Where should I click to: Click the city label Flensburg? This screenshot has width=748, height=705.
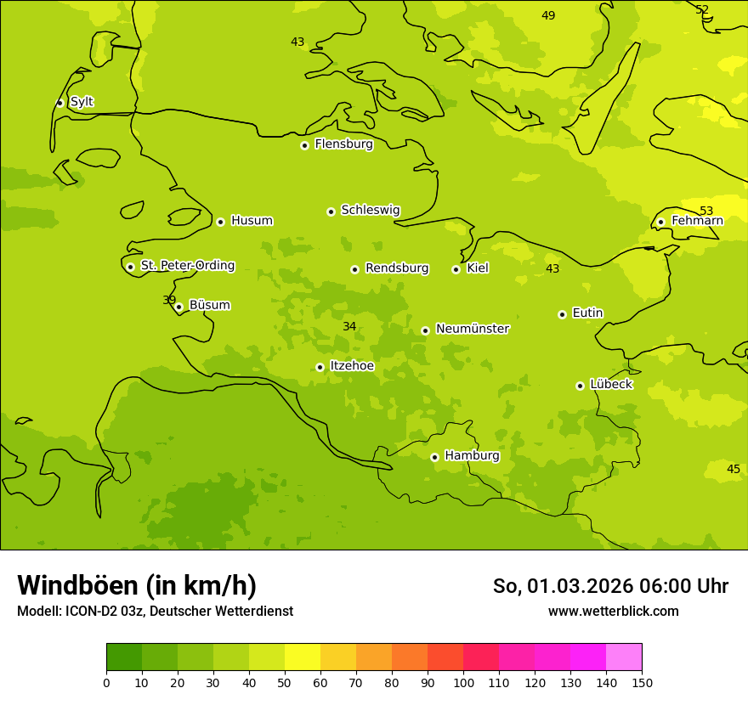tap(343, 144)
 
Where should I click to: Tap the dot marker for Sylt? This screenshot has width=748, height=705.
tap(59, 103)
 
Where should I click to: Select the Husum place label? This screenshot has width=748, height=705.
tap(252, 221)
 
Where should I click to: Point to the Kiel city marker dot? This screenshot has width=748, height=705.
tap(456, 269)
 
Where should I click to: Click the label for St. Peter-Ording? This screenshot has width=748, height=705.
tap(187, 266)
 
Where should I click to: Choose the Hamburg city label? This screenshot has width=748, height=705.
tap(472, 456)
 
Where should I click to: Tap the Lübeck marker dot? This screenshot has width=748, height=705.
tap(580, 386)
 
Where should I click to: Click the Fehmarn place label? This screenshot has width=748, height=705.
tap(697, 221)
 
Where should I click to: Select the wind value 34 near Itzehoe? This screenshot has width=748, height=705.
tap(349, 327)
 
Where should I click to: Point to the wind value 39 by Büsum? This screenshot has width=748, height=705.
tap(169, 300)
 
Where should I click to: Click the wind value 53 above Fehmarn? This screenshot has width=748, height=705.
tap(706, 211)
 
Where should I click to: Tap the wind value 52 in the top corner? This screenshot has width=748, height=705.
tap(702, 9)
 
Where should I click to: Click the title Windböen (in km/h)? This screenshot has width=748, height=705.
tap(137, 585)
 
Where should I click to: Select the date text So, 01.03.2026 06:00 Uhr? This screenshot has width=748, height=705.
tap(610, 586)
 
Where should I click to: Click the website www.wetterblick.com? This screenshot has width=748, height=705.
tap(613, 612)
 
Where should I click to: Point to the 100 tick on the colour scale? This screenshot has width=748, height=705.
tap(463, 682)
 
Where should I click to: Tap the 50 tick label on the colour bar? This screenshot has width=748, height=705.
tap(285, 682)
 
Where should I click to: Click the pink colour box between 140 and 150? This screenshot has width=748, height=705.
tap(624, 657)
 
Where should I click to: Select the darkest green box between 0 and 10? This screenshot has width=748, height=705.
tap(124, 657)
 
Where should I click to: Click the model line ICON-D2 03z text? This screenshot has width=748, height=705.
tap(155, 612)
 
